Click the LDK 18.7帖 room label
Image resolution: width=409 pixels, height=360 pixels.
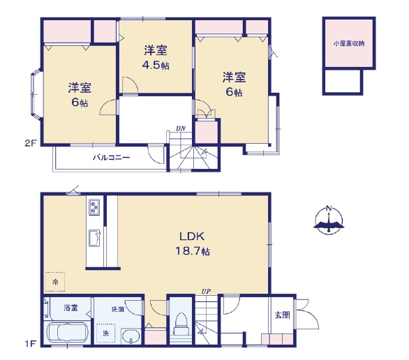pyautogui.click(x=193, y=243)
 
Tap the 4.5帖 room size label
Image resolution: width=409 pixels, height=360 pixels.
pyautogui.click(x=156, y=65)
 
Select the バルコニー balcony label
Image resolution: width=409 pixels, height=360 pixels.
pyautogui.click(x=112, y=158)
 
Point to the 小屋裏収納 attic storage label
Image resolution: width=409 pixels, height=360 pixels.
pyautogui.click(x=349, y=43)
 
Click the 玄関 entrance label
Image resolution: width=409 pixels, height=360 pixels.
pyautogui.click(x=282, y=315)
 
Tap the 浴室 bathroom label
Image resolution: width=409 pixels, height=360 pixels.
pyautogui.click(x=70, y=308)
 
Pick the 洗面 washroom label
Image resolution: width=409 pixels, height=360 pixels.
pyautogui.click(x=118, y=309)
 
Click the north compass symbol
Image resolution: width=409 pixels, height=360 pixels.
pyautogui.click(x=329, y=220)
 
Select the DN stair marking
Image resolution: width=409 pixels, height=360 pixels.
pyautogui.click(x=181, y=128)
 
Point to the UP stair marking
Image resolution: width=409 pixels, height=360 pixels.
pyautogui.click(x=206, y=291)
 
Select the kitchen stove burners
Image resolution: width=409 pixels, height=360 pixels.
pyautogui.click(x=94, y=207)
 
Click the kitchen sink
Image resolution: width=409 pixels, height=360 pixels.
pyautogui.click(x=94, y=238)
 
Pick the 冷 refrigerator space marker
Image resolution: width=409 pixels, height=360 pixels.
pyautogui.click(x=55, y=282)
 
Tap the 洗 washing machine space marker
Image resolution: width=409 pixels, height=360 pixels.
pyautogui.click(x=105, y=333)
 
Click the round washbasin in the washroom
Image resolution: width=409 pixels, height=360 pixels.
pyautogui.click(x=131, y=337)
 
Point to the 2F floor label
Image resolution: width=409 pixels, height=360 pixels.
pyautogui.click(x=31, y=143)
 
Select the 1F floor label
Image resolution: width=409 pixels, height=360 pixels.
pyautogui.click(x=31, y=344)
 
